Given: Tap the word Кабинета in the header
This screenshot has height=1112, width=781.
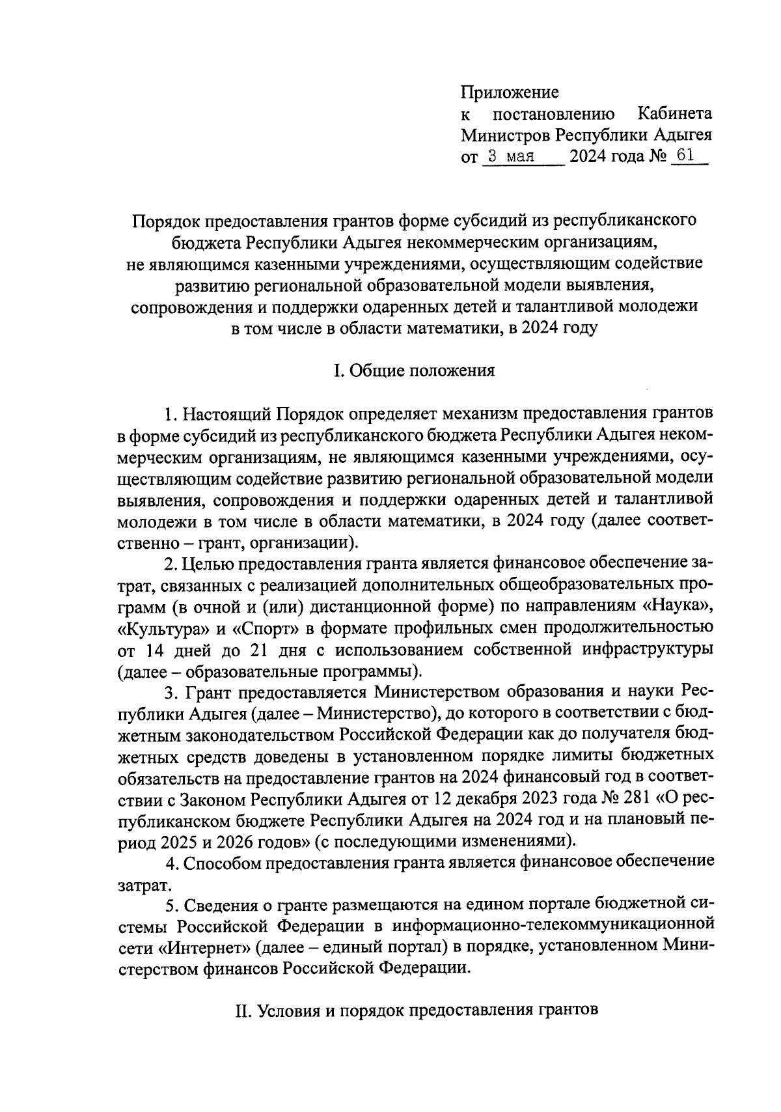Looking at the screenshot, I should (674, 114).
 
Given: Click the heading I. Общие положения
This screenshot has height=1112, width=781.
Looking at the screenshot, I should (414, 371).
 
